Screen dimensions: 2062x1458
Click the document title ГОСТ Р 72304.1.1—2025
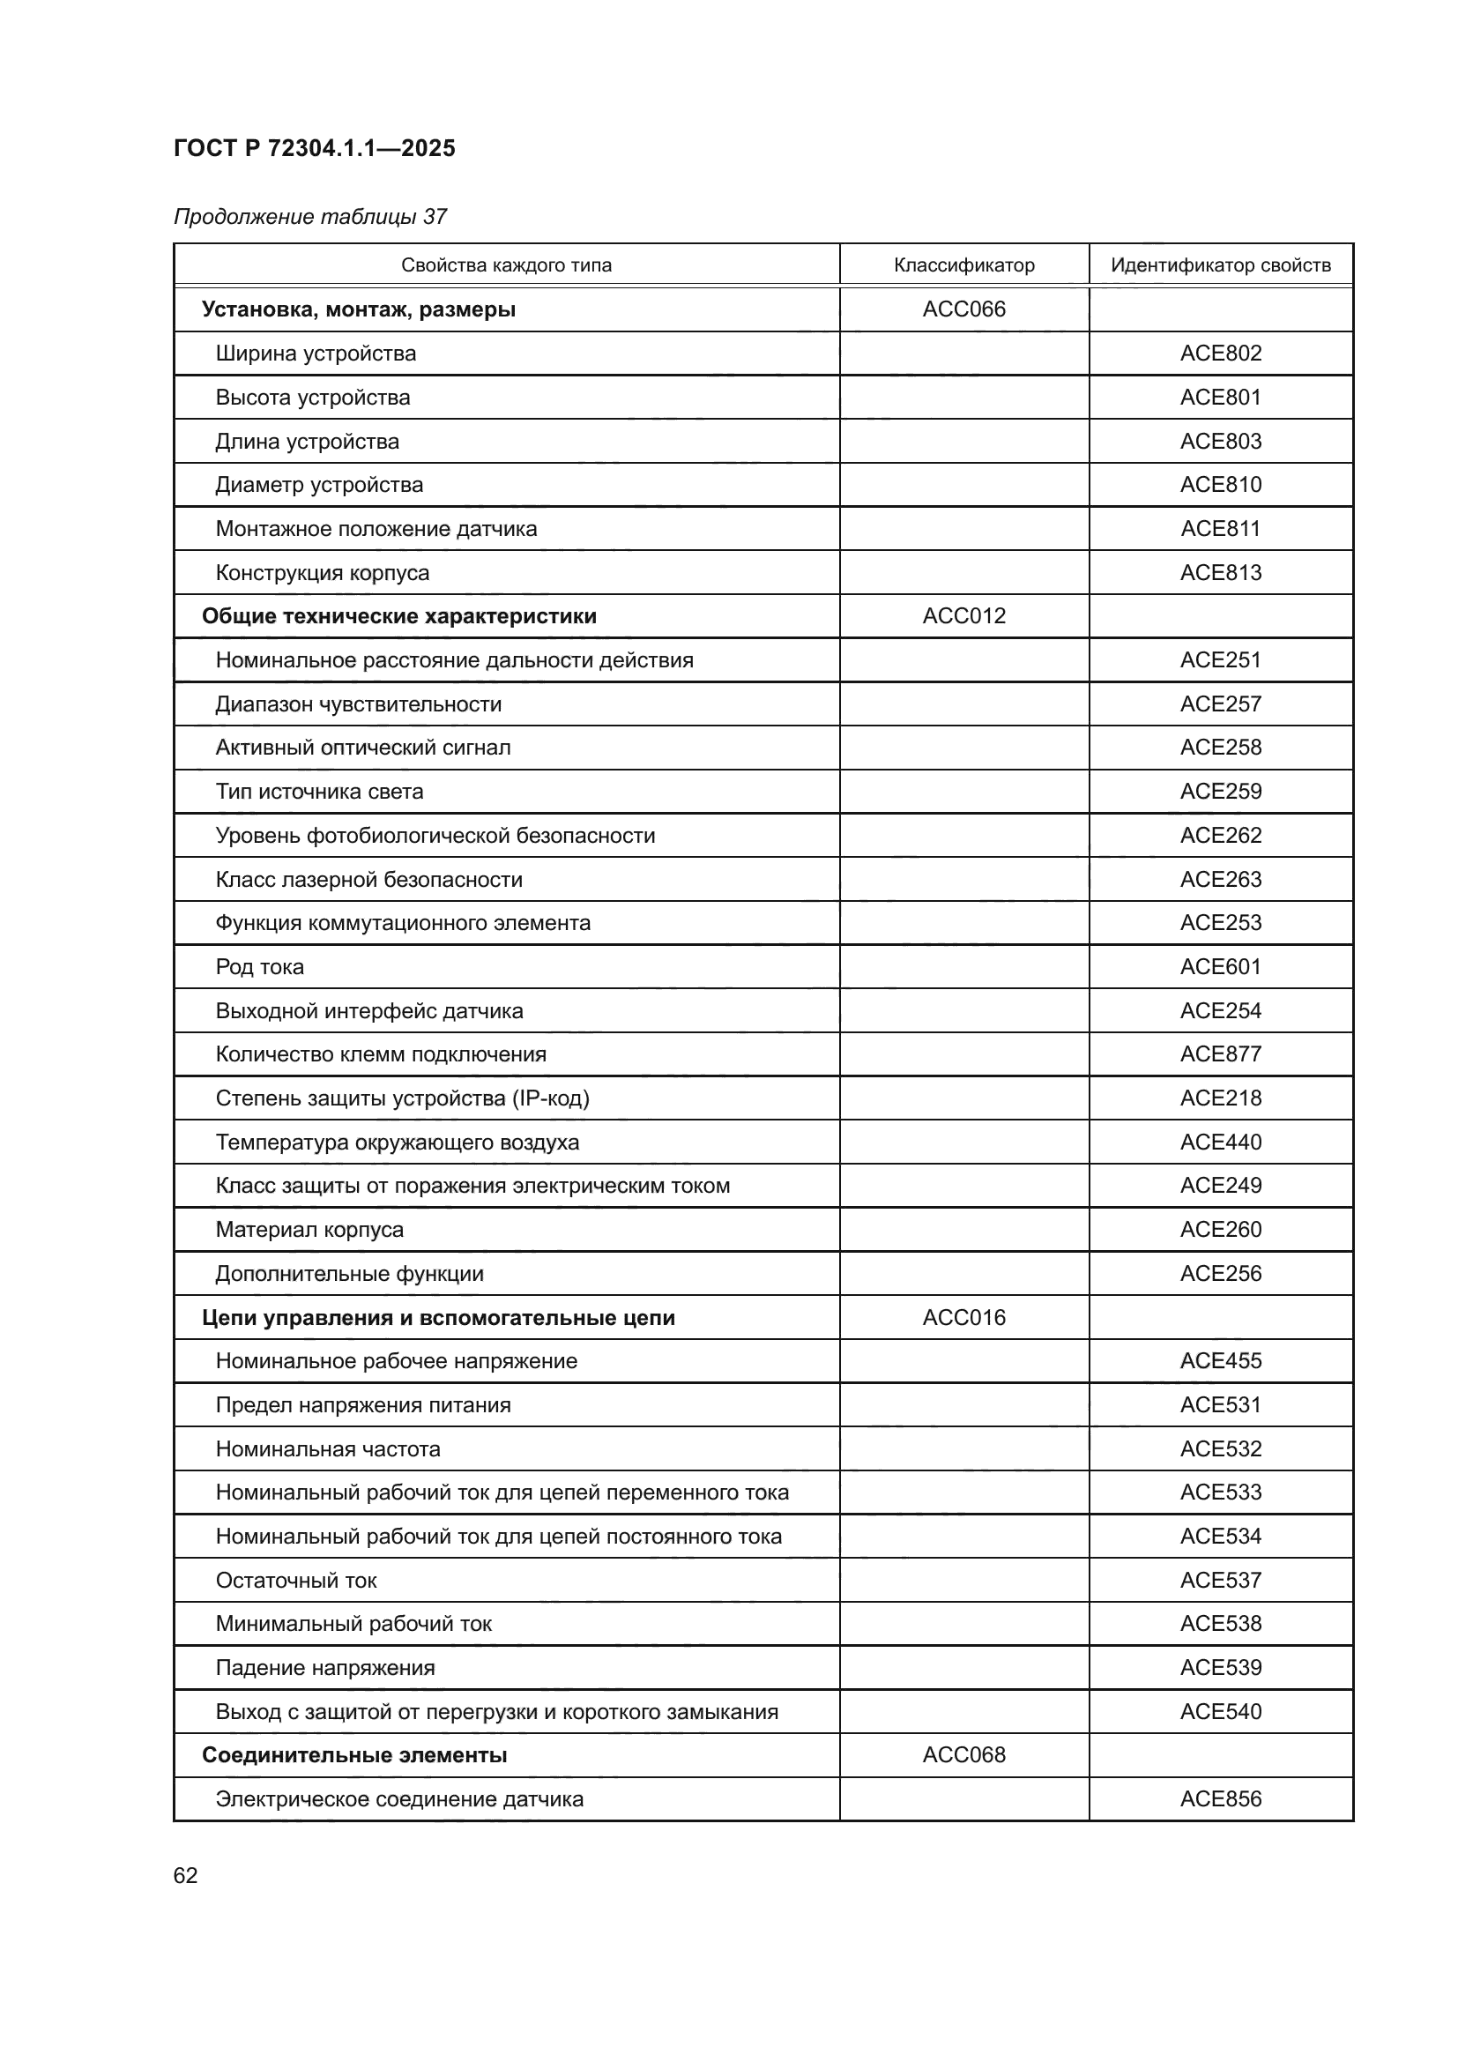(314, 148)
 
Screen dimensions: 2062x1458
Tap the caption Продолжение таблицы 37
(309, 217)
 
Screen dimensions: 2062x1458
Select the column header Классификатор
(963, 265)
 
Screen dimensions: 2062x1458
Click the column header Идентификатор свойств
(1220, 265)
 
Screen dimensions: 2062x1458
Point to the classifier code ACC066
(963, 309)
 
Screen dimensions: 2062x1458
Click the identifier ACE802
(1220, 353)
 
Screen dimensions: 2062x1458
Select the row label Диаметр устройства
(319, 485)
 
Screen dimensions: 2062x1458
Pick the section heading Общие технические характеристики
(398, 616)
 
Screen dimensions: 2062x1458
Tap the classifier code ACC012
(963, 616)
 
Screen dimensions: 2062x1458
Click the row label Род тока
(259, 967)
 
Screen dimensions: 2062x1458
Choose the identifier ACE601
(1220, 967)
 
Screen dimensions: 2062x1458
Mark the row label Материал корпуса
(309, 1230)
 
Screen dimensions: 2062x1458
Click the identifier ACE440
(1220, 1143)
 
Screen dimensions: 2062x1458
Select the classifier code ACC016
(963, 1317)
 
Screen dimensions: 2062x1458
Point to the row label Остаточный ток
(295, 1581)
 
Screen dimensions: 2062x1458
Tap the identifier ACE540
(1220, 1712)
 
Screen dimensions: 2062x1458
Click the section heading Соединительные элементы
(353, 1755)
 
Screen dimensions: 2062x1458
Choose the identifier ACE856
(1220, 1799)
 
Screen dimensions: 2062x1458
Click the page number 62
(185, 1875)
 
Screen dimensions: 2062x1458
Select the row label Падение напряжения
(325, 1668)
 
